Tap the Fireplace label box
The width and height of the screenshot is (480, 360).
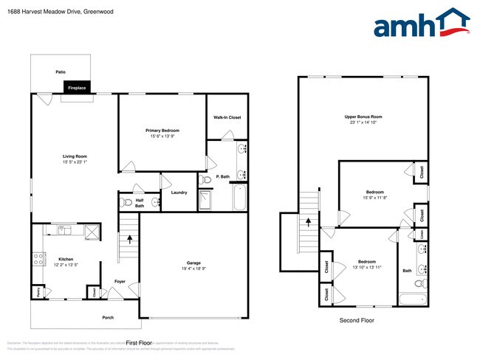pos(77,88)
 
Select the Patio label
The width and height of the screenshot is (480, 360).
pos(61,72)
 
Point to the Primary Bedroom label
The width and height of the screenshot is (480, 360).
pos(162,131)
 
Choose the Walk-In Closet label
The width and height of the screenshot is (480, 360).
pos(227,117)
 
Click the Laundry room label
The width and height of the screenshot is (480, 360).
pos(179,193)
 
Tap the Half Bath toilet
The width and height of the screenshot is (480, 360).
pos(126,201)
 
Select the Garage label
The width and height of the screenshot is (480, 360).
pos(193,263)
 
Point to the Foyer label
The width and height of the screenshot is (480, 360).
pos(120,281)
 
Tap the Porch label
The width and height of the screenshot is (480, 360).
pos(108,317)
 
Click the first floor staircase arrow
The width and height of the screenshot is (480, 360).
pos(131,238)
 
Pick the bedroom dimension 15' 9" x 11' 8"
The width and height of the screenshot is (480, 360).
pos(375,197)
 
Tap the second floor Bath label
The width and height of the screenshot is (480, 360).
pos(407,271)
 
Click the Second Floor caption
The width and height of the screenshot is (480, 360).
pos(357,320)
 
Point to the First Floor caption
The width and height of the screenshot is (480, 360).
pos(138,343)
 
